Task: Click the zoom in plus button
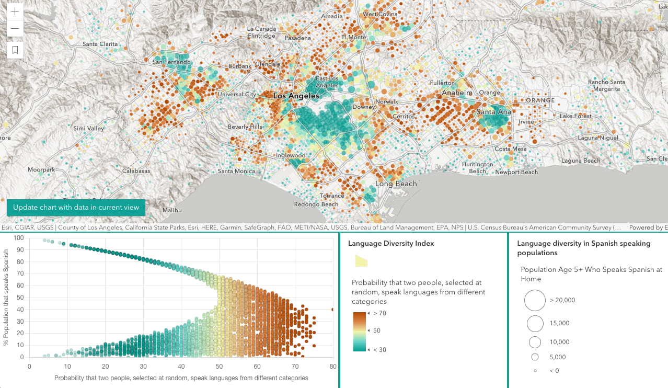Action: pyautogui.click(x=15, y=11)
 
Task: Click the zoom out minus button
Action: pyautogui.click(x=15, y=28)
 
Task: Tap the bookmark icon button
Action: pyautogui.click(x=15, y=50)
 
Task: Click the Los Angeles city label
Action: pyautogui.click(x=296, y=96)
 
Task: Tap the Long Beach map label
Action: pyautogui.click(x=396, y=184)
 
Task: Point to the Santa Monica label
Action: pyautogui.click(x=236, y=171)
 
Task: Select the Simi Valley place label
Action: pyautogui.click(x=89, y=128)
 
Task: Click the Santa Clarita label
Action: pyautogui.click(x=100, y=44)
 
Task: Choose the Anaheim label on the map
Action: pyautogui.click(x=457, y=93)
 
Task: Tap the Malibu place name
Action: pyautogui.click(x=172, y=210)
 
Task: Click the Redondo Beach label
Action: pyautogui.click(x=316, y=204)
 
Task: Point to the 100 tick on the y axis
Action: pyautogui.click(x=19, y=238)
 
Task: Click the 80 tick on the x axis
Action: pyautogui.click(x=332, y=366)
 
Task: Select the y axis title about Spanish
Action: pyautogui.click(x=6, y=297)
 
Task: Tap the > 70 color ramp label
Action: pyautogui.click(x=379, y=313)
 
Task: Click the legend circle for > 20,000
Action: pyautogui.click(x=535, y=300)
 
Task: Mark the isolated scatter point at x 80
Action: pyautogui.click(x=332, y=310)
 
